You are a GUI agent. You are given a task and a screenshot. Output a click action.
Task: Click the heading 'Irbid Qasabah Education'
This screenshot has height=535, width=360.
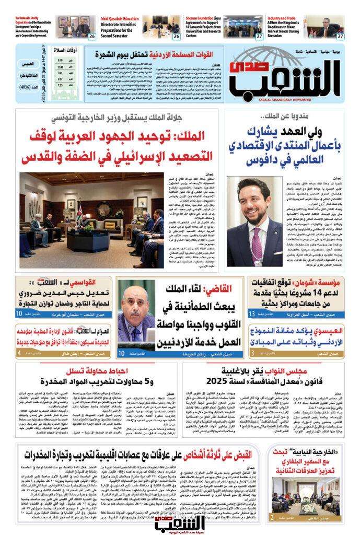point(120,18)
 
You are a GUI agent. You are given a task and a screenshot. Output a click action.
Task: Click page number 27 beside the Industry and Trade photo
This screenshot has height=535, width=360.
point(340,36)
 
